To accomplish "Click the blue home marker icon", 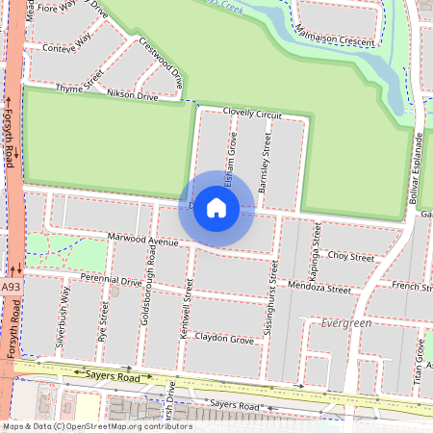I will click(x=216, y=208).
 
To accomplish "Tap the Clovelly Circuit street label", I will click(x=252, y=114).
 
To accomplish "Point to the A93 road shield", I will click(x=10, y=287).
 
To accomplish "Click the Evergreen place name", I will click(x=346, y=323).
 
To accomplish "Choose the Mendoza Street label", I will click(x=319, y=288).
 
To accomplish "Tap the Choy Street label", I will click(x=350, y=257).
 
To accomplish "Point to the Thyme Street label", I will click(x=79, y=88).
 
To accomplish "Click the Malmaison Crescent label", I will click(x=338, y=40).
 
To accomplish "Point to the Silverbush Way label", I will click(x=62, y=314).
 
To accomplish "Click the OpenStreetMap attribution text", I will click(x=96, y=426).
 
